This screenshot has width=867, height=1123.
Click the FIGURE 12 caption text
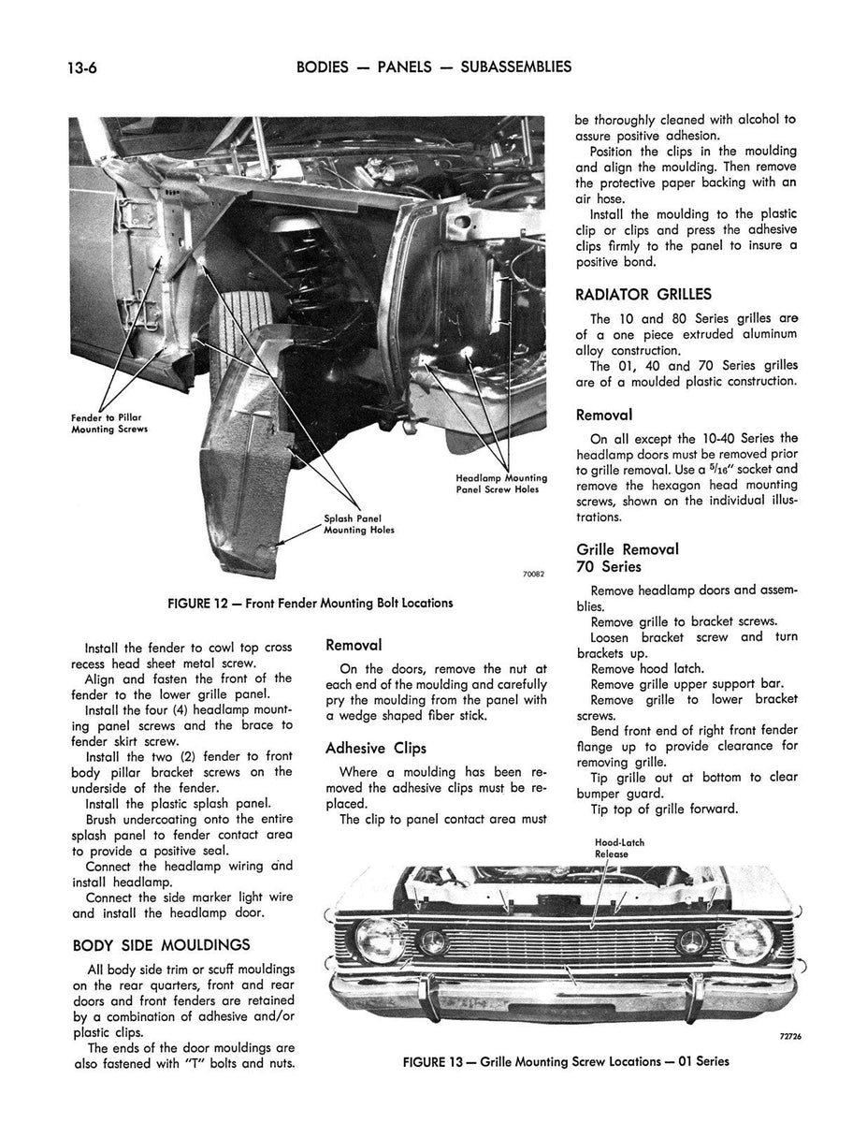[309, 603]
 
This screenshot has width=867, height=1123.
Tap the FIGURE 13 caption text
[566, 1061]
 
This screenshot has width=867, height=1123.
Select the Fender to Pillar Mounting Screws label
[109, 423]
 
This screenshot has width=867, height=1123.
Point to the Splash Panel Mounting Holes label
[359, 524]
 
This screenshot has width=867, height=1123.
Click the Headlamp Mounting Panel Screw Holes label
[500, 483]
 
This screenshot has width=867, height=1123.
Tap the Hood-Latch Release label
[619, 848]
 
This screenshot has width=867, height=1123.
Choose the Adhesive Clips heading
[375, 748]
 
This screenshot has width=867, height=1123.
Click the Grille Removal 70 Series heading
[628, 558]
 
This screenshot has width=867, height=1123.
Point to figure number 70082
[532, 574]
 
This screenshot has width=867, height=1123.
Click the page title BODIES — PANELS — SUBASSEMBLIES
[433, 66]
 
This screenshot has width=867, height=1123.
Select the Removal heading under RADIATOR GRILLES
[604, 415]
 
